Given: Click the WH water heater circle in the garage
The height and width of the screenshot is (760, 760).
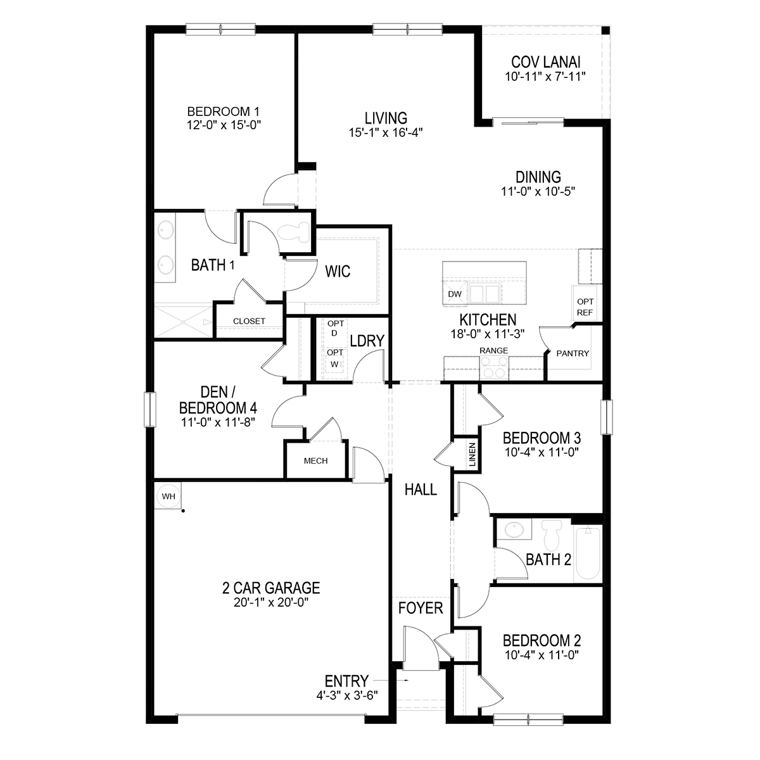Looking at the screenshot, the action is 168,496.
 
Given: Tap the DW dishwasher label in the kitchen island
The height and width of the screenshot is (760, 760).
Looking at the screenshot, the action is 455,294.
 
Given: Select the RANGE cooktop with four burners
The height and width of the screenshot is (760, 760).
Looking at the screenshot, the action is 494,368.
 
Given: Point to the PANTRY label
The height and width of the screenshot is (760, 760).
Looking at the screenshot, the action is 573,353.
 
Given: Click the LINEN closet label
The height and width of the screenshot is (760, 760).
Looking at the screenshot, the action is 472,454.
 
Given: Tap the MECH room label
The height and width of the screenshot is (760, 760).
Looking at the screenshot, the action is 315,460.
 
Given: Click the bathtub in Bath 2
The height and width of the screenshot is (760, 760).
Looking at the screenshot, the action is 588,554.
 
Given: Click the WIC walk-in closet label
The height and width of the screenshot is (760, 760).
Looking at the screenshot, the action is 338,271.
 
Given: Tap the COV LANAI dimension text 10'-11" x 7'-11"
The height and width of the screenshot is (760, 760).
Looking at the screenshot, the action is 545,77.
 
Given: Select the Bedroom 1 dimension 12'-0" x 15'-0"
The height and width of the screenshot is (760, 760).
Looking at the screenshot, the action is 224,125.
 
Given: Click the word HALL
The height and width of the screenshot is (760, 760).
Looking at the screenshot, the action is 421,490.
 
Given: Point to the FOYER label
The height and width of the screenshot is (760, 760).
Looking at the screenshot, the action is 421,608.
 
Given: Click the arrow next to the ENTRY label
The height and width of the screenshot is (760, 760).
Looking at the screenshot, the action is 391,680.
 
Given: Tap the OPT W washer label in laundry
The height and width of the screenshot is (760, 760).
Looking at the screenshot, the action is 335,358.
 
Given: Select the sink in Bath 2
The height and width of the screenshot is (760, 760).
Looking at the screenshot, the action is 514,529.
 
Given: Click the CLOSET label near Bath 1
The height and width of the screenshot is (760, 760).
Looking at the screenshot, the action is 249,321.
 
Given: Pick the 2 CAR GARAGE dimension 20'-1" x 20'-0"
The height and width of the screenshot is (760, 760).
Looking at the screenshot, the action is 270,603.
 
